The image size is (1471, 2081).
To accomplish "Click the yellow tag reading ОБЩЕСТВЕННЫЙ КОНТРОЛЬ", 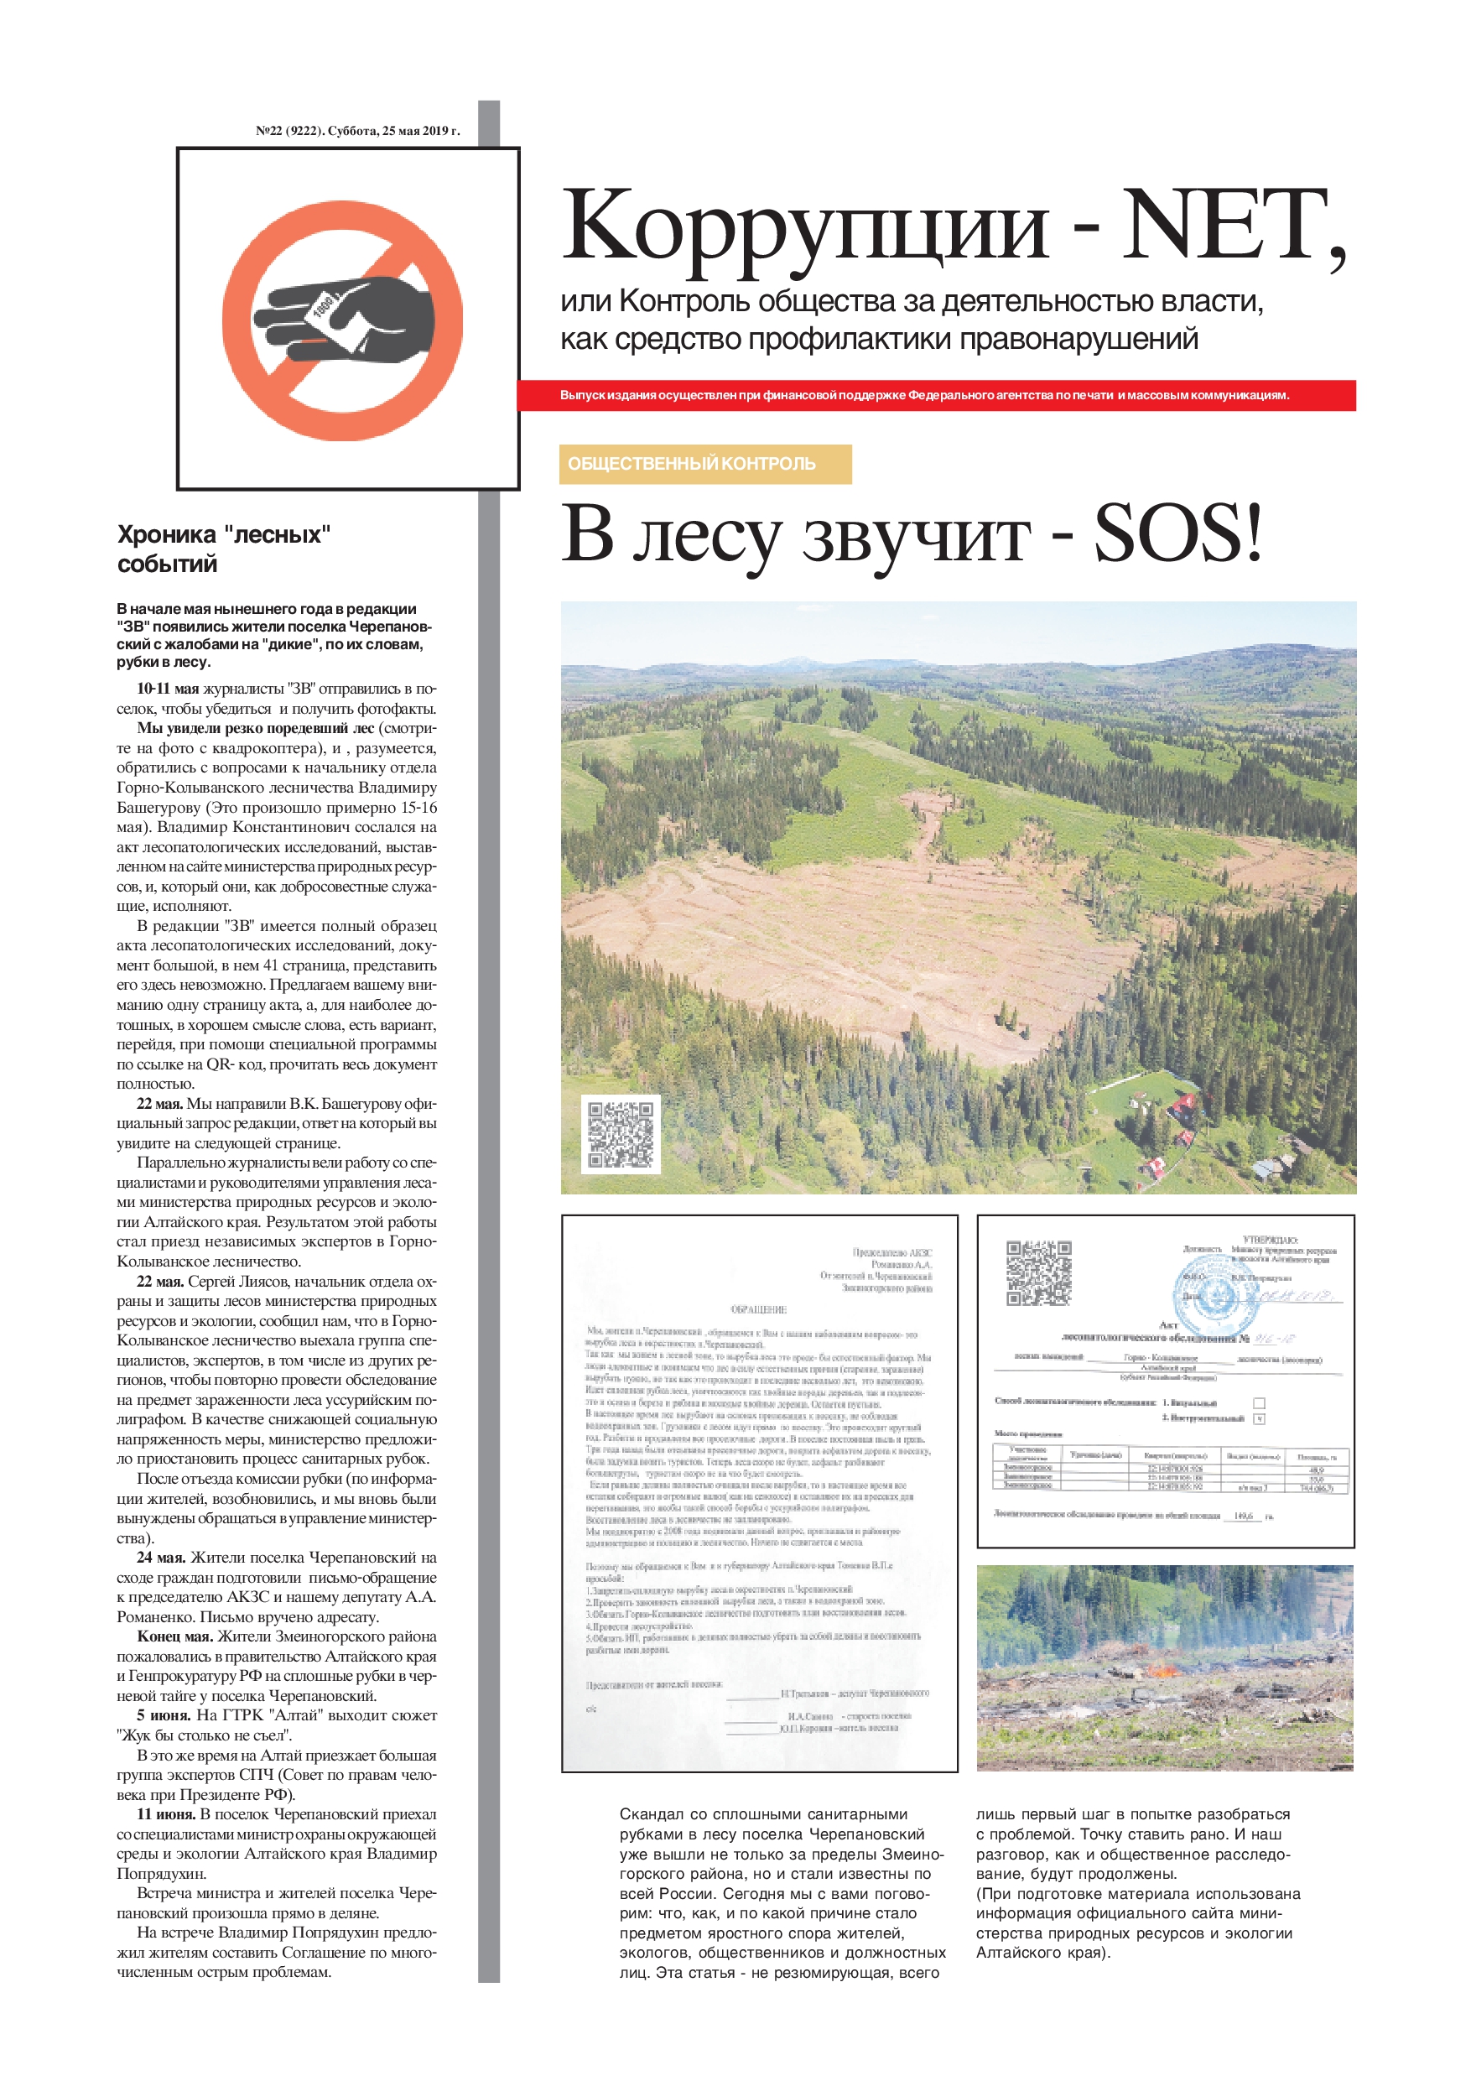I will (x=705, y=463).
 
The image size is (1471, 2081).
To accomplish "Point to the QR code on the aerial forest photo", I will (x=620, y=1134).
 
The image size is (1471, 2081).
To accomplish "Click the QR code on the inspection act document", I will (x=1038, y=1272).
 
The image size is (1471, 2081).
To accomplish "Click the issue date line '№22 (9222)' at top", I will (x=357, y=131).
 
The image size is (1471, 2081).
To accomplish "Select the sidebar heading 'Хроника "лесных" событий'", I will (x=223, y=549).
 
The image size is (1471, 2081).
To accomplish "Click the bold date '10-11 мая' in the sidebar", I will (x=167, y=689).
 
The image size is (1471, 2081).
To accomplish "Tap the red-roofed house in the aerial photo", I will (x=1183, y=1106).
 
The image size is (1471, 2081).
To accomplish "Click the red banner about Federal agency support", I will (x=936, y=395).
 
